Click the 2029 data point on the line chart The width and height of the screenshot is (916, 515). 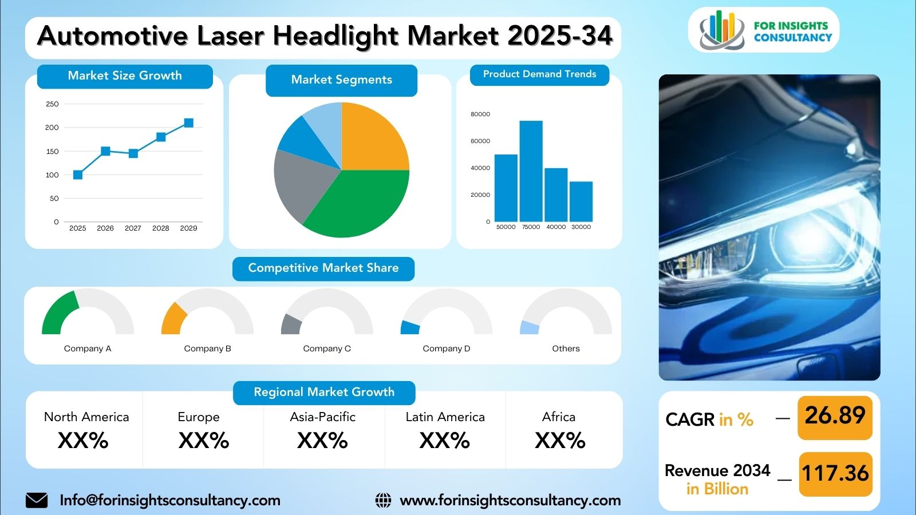tap(188, 123)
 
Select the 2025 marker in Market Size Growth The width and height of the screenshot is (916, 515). tap(78, 175)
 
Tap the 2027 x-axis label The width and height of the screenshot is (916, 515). tap(133, 228)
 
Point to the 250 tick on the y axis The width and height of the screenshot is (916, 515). tap(52, 104)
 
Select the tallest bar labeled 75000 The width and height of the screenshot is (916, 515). tap(531, 171)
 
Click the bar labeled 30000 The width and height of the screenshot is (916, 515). tap(581, 202)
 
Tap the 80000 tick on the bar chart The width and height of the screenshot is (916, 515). tap(480, 114)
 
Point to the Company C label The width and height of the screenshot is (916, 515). tap(327, 348)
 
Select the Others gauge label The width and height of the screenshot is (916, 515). tap(566, 348)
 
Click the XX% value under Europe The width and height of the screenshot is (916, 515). tap(204, 441)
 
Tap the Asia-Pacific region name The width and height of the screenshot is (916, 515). tap(323, 417)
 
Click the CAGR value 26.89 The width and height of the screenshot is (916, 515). tap(835, 415)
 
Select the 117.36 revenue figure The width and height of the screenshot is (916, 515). tap(835, 473)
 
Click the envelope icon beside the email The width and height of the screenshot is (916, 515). tap(37, 500)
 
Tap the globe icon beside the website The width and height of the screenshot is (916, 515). tap(383, 500)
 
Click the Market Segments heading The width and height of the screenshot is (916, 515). tap(341, 80)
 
